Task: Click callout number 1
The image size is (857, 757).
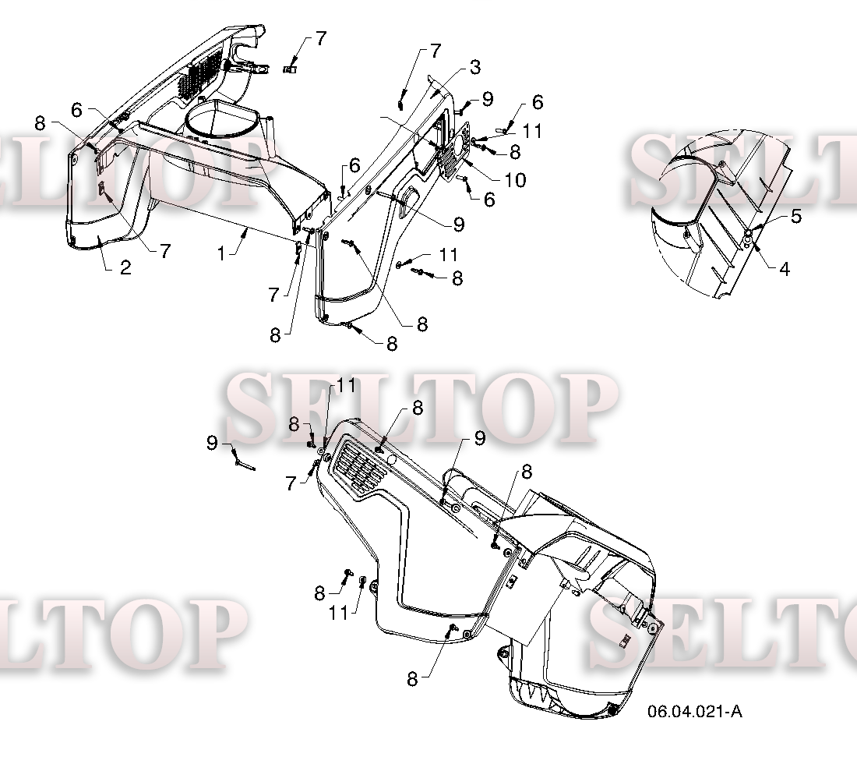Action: (x=221, y=254)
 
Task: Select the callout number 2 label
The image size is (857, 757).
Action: (x=125, y=267)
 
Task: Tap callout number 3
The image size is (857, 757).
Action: (x=475, y=67)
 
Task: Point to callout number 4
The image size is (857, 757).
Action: (x=785, y=268)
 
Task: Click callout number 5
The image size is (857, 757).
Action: (x=795, y=216)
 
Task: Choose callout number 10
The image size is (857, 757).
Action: (x=515, y=180)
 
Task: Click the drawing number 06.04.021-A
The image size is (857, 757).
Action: (x=695, y=711)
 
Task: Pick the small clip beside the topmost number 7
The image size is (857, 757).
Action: (x=290, y=69)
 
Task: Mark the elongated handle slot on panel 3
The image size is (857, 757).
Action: (x=407, y=200)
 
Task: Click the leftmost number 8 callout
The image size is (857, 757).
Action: (x=40, y=123)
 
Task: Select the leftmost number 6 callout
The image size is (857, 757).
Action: (x=76, y=110)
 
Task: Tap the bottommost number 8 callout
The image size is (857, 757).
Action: (x=413, y=679)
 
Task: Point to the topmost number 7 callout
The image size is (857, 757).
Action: (x=321, y=38)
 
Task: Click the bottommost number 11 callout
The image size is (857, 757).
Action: (x=339, y=613)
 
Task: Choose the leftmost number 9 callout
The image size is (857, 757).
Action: (x=212, y=443)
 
